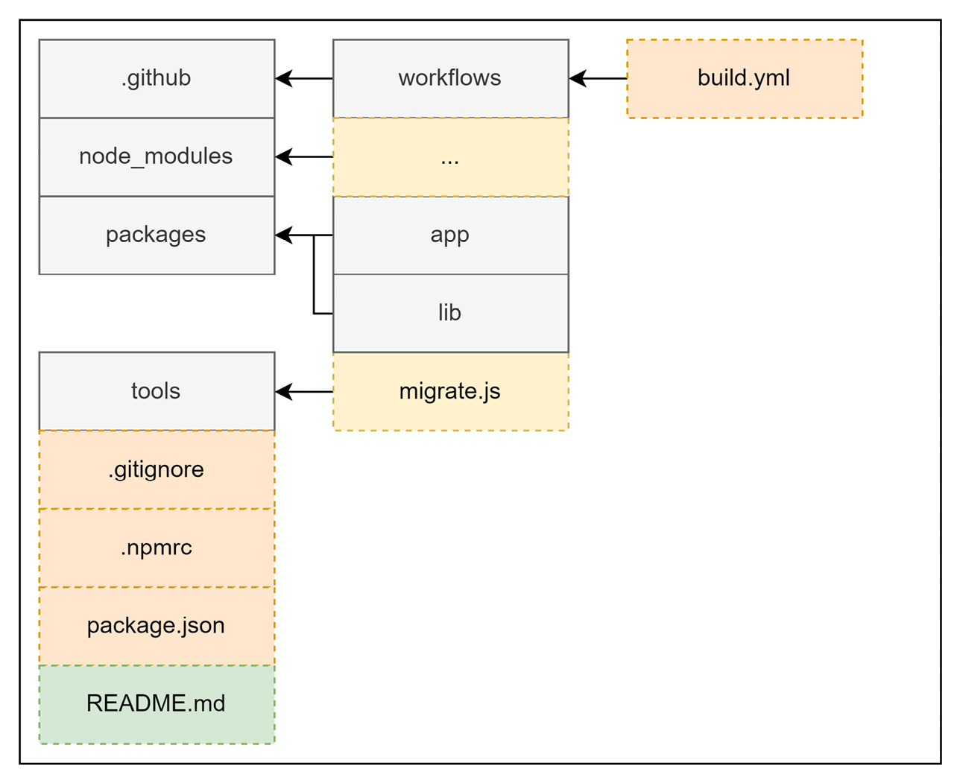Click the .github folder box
(157, 78)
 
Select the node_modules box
(157, 156)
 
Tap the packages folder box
(157, 235)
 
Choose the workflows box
(450, 78)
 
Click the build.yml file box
(744, 78)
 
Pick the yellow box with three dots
(450, 157)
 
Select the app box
(450, 235)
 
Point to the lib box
(450, 313)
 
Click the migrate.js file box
(450, 391)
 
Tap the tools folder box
(157, 391)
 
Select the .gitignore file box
(157, 469)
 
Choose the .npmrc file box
(157, 548)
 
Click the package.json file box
(157, 626)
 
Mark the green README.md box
(157, 704)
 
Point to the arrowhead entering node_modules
(283, 156)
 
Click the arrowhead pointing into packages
(283, 235)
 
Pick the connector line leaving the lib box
(322, 314)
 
